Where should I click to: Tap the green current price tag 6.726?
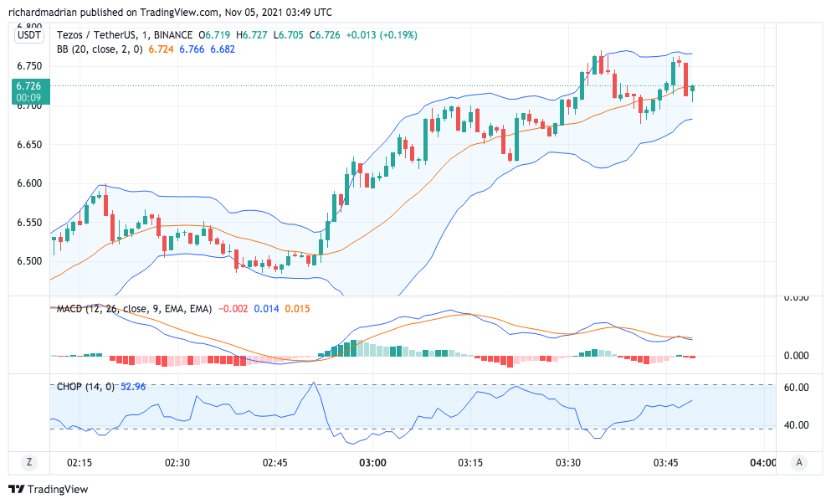coord(31,85)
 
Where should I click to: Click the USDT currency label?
coord(30,34)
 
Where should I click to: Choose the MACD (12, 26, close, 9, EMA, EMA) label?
coord(134,310)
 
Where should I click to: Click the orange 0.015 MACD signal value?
coord(297,310)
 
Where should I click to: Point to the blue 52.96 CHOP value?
coord(134,387)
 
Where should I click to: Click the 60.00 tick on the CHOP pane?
coord(796,388)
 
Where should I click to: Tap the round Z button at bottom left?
coord(29,462)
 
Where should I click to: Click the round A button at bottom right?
coord(799,462)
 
